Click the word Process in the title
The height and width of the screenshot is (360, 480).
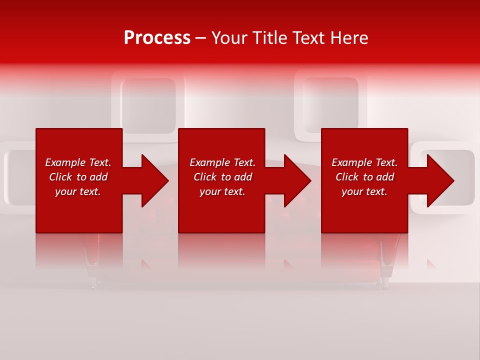coord(157,38)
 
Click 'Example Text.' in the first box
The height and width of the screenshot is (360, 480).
coord(78,162)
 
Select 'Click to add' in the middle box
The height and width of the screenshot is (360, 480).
coord(222,177)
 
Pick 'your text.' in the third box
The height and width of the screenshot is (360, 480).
coord(364,191)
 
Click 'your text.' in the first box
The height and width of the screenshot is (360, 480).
coord(78,191)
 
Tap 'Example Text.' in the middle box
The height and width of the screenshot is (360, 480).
coord(222,162)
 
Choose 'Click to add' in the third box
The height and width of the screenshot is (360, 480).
coord(364,177)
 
